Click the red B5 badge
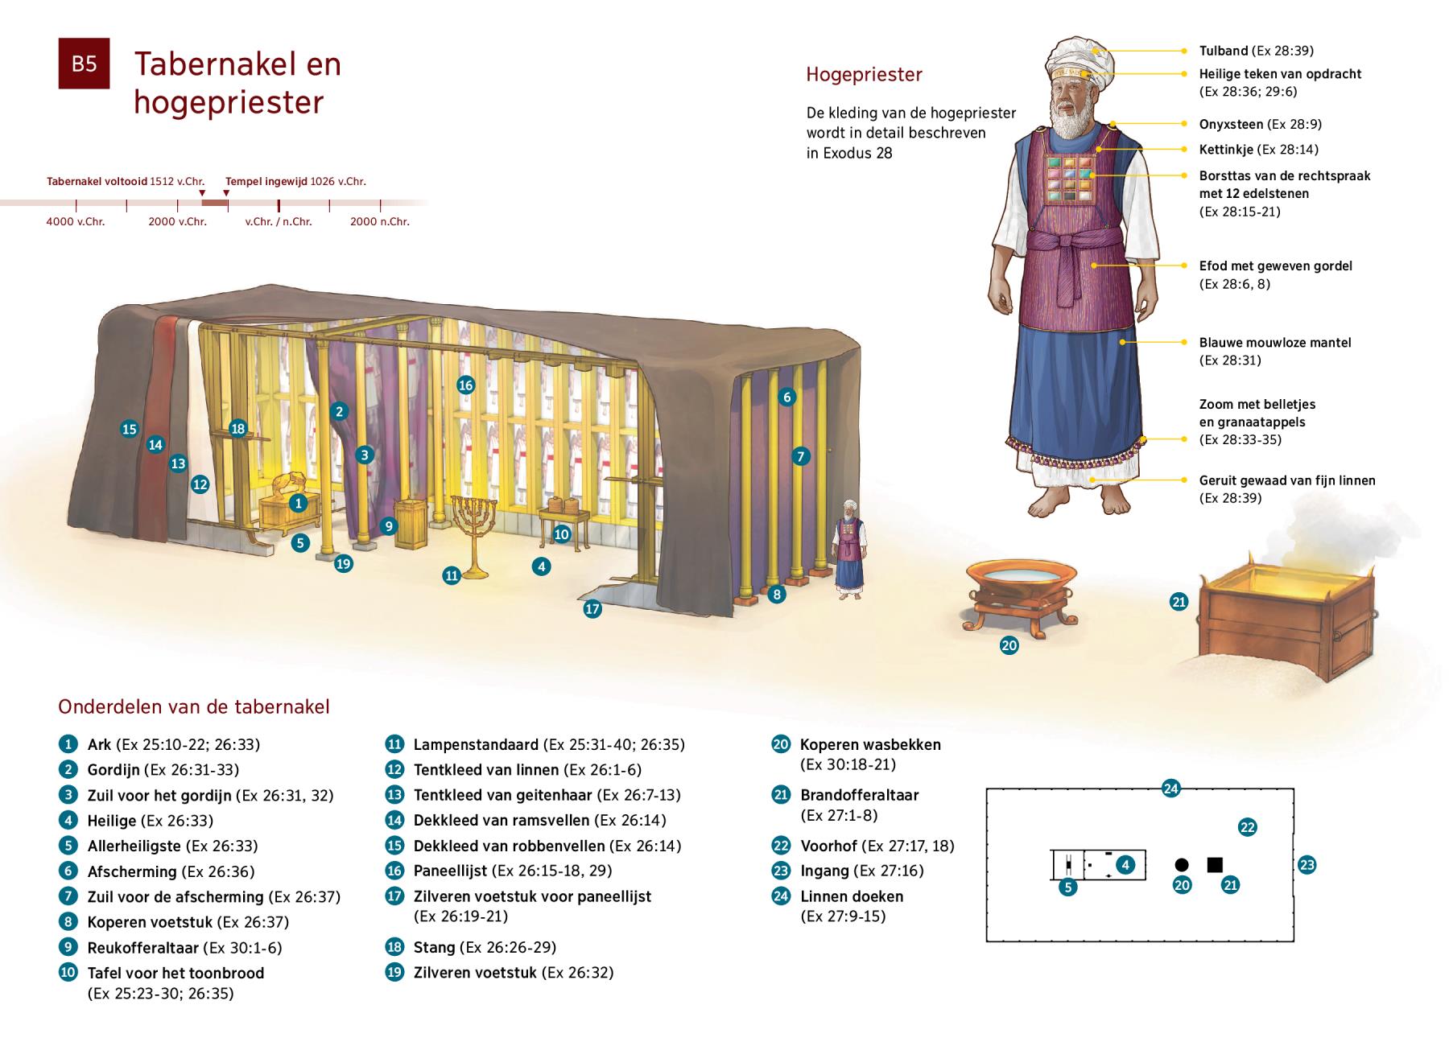(84, 63)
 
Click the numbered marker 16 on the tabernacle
(465, 385)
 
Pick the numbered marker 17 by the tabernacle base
(592, 609)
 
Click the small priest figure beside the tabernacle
(847, 555)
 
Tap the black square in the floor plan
(1215, 865)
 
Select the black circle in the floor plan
(1181, 865)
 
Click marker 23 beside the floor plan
(1307, 866)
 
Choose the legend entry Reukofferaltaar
(145, 948)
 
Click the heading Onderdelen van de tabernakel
(194, 707)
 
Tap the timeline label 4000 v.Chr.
(76, 221)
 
